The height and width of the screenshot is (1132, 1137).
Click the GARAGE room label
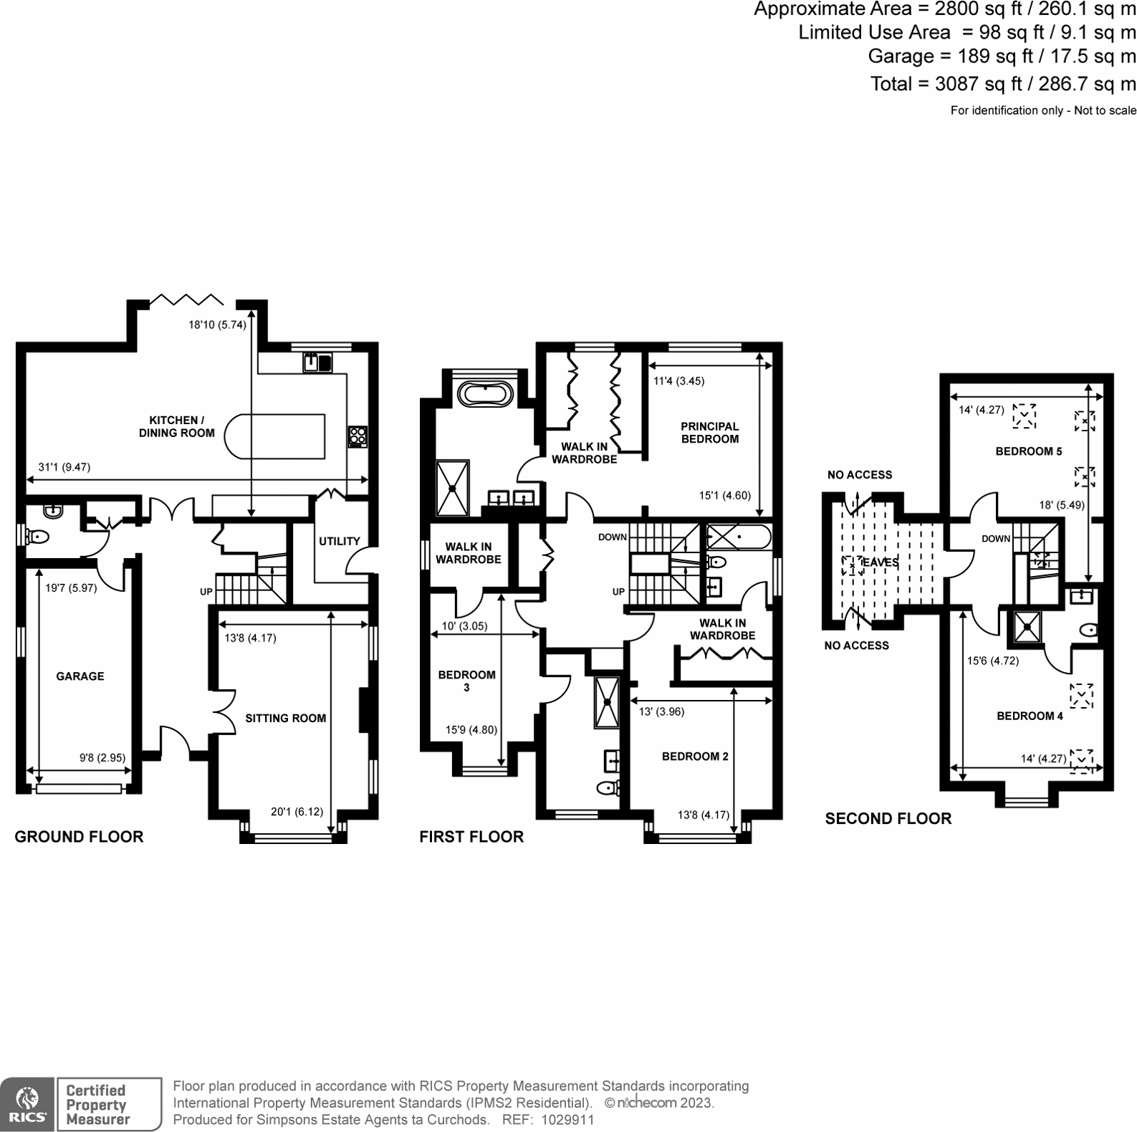click(80, 676)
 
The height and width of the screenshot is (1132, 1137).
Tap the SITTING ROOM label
click(286, 718)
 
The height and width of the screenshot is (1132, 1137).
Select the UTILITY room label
click(340, 541)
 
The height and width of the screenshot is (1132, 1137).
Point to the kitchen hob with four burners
click(358, 436)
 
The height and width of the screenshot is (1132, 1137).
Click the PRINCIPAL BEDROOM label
click(710, 433)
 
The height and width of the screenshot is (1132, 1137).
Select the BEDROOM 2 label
click(695, 757)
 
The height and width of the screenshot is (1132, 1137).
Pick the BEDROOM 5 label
click(1029, 451)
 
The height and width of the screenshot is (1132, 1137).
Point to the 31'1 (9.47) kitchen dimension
click(64, 467)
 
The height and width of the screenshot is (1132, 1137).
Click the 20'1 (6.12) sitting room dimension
click(297, 812)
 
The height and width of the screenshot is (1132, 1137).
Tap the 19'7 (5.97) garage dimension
click(71, 587)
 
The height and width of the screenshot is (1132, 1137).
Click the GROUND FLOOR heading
click(79, 837)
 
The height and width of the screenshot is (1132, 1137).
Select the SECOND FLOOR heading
click(888, 819)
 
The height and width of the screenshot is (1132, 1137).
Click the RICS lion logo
click(27, 1104)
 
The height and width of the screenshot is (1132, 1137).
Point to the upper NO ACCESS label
click(860, 475)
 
